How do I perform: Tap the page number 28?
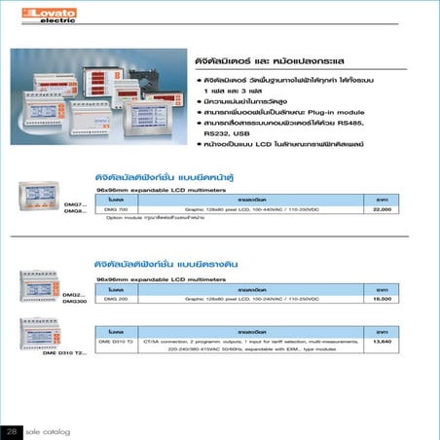pos(13,429)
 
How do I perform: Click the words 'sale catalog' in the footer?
pos(46,429)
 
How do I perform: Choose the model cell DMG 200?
pos(116,299)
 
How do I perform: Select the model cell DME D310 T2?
pos(118,342)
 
